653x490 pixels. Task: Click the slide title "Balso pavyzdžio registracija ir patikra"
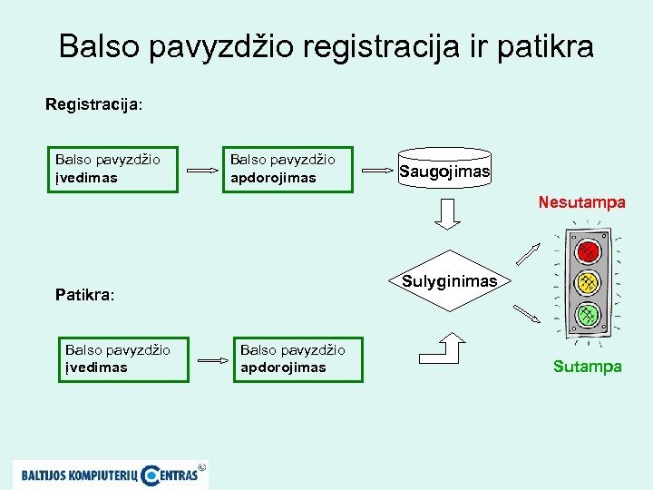[326, 46]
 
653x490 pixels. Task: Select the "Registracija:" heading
[94, 104]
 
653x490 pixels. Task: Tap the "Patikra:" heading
[84, 294]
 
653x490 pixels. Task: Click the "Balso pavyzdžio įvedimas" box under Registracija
[113, 169]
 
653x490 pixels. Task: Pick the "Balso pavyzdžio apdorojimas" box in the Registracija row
[288, 169]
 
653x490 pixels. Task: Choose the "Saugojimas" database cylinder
[444, 169]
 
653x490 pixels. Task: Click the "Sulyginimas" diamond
[450, 281]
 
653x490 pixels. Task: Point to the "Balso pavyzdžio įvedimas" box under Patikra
[123, 358]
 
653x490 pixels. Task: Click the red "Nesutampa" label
[581, 202]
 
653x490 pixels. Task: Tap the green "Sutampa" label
[588, 367]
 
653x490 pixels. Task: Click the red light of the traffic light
[588, 250]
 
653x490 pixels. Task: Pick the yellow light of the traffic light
[588, 282]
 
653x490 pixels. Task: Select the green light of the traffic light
[588, 314]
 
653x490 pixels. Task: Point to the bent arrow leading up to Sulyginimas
[443, 348]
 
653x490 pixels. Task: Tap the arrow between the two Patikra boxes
[214, 359]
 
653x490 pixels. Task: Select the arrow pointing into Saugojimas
[377, 170]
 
